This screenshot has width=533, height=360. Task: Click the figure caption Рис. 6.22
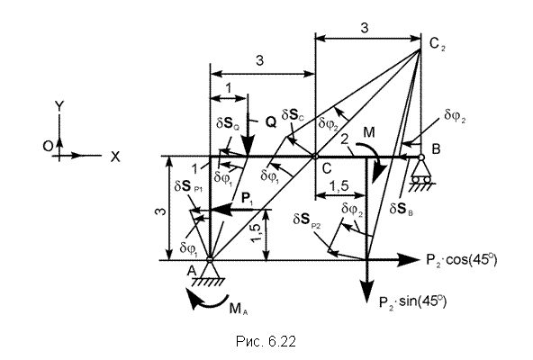pyautogui.click(x=266, y=341)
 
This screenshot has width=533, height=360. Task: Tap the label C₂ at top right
pyautogui.click(x=437, y=44)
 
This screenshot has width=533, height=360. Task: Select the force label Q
pyautogui.click(x=271, y=122)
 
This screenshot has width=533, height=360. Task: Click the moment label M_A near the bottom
pyautogui.click(x=239, y=309)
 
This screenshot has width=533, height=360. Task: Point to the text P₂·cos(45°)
pyautogui.click(x=461, y=260)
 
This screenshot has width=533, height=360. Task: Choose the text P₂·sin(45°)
pyautogui.click(x=412, y=301)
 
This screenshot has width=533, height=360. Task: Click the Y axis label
pyautogui.click(x=59, y=107)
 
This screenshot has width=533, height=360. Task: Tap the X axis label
pyautogui.click(x=115, y=157)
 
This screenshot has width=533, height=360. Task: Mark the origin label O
pyautogui.click(x=48, y=146)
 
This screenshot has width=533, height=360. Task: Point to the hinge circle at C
pyautogui.click(x=315, y=157)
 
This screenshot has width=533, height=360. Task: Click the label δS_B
pyautogui.click(x=402, y=209)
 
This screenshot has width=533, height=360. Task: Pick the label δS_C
pyautogui.click(x=293, y=115)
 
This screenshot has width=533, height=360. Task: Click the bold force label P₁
pyautogui.click(x=247, y=198)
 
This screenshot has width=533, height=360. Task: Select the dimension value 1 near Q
pyautogui.click(x=229, y=88)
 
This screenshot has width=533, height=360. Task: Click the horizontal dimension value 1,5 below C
pyautogui.click(x=339, y=186)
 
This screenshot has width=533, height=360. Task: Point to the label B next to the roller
pyautogui.click(x=436, y=148)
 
